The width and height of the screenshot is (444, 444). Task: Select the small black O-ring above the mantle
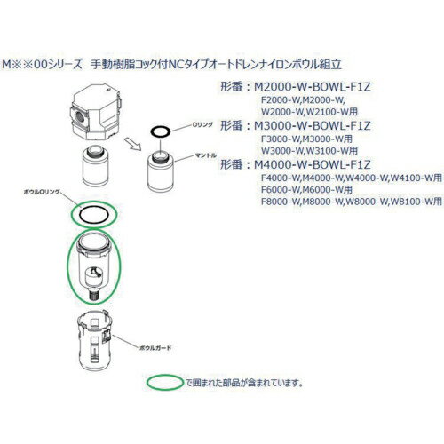(x=159, y=133)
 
